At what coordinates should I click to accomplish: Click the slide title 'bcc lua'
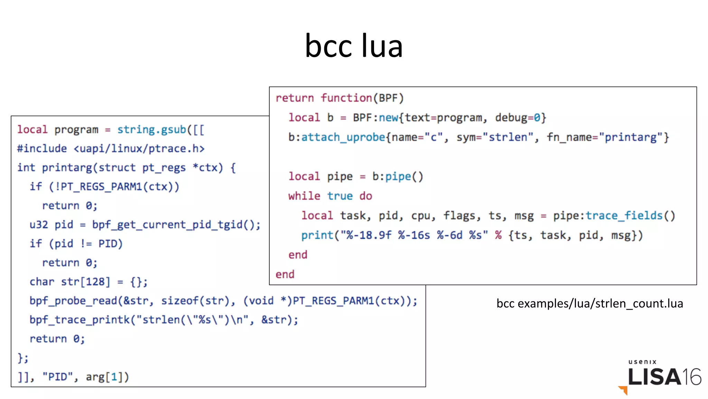point(354,46)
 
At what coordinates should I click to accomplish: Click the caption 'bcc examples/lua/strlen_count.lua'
point(589,303)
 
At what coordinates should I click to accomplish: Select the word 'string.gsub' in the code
point(152,129)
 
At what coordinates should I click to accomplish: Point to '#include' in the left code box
point(42,148)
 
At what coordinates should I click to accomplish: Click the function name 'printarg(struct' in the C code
point(88,168)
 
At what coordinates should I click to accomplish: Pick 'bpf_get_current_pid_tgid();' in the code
point(176,225)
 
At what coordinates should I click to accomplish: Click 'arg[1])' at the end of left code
point(107,377)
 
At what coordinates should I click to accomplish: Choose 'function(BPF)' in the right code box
point(362,98)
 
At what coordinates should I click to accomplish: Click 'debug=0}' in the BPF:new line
point(520,118)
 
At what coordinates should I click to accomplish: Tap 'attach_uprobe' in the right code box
point(343,137)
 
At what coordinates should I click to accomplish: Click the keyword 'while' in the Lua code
point(304,196)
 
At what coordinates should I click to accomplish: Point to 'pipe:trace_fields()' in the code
point(614,216)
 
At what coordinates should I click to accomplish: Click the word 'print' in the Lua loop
point(317,235)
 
